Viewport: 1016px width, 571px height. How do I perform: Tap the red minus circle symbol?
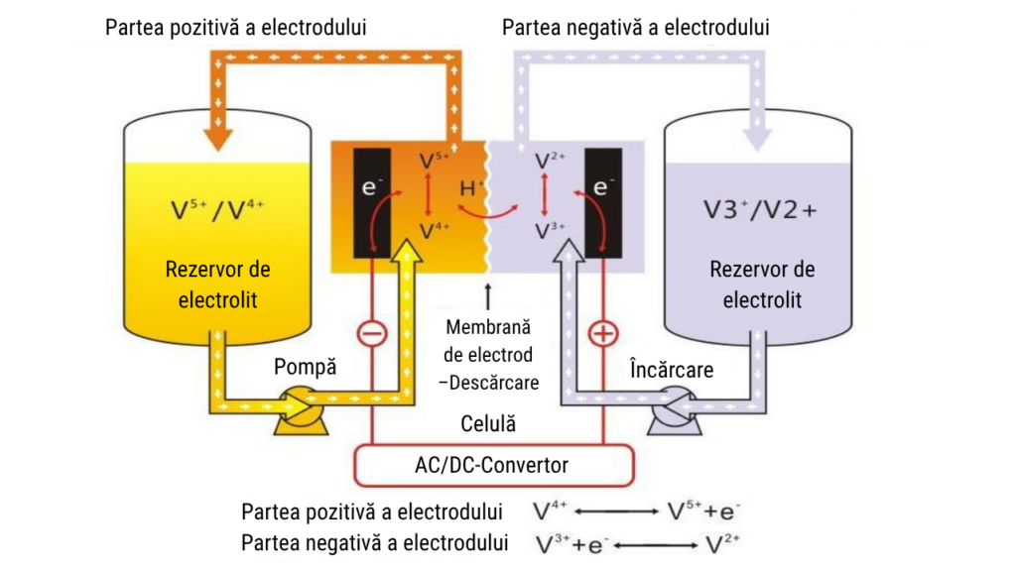[x=372, y=334]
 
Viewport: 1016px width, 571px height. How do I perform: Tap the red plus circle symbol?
[x=603, y=334]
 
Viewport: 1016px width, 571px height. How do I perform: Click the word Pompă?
[x=305, y=367]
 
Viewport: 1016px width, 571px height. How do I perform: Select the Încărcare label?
[x=672, y=369]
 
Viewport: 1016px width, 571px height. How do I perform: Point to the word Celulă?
[x=488, y=424]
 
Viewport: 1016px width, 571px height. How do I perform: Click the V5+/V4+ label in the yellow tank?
[x=217, y=210]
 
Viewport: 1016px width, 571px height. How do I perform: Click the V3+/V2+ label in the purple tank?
[x=760, y=210]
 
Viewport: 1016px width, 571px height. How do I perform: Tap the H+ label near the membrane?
[x=471, y=188]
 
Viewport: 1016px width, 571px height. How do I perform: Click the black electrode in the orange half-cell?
[x=372, y=203]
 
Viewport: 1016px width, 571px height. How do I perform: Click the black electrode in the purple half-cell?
[x=603, y=203]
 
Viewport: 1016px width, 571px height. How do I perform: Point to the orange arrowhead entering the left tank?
[x=218, y=139]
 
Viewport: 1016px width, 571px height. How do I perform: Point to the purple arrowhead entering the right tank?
[x=756, y=139]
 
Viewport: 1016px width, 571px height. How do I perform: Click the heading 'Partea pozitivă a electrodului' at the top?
[x=236, y=28]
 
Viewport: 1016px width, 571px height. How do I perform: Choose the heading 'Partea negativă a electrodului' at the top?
[x=636, y=28]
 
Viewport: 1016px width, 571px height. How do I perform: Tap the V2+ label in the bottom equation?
[x=722, y=544]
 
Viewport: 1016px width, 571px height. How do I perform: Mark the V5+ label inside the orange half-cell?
[x=434, y=160]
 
